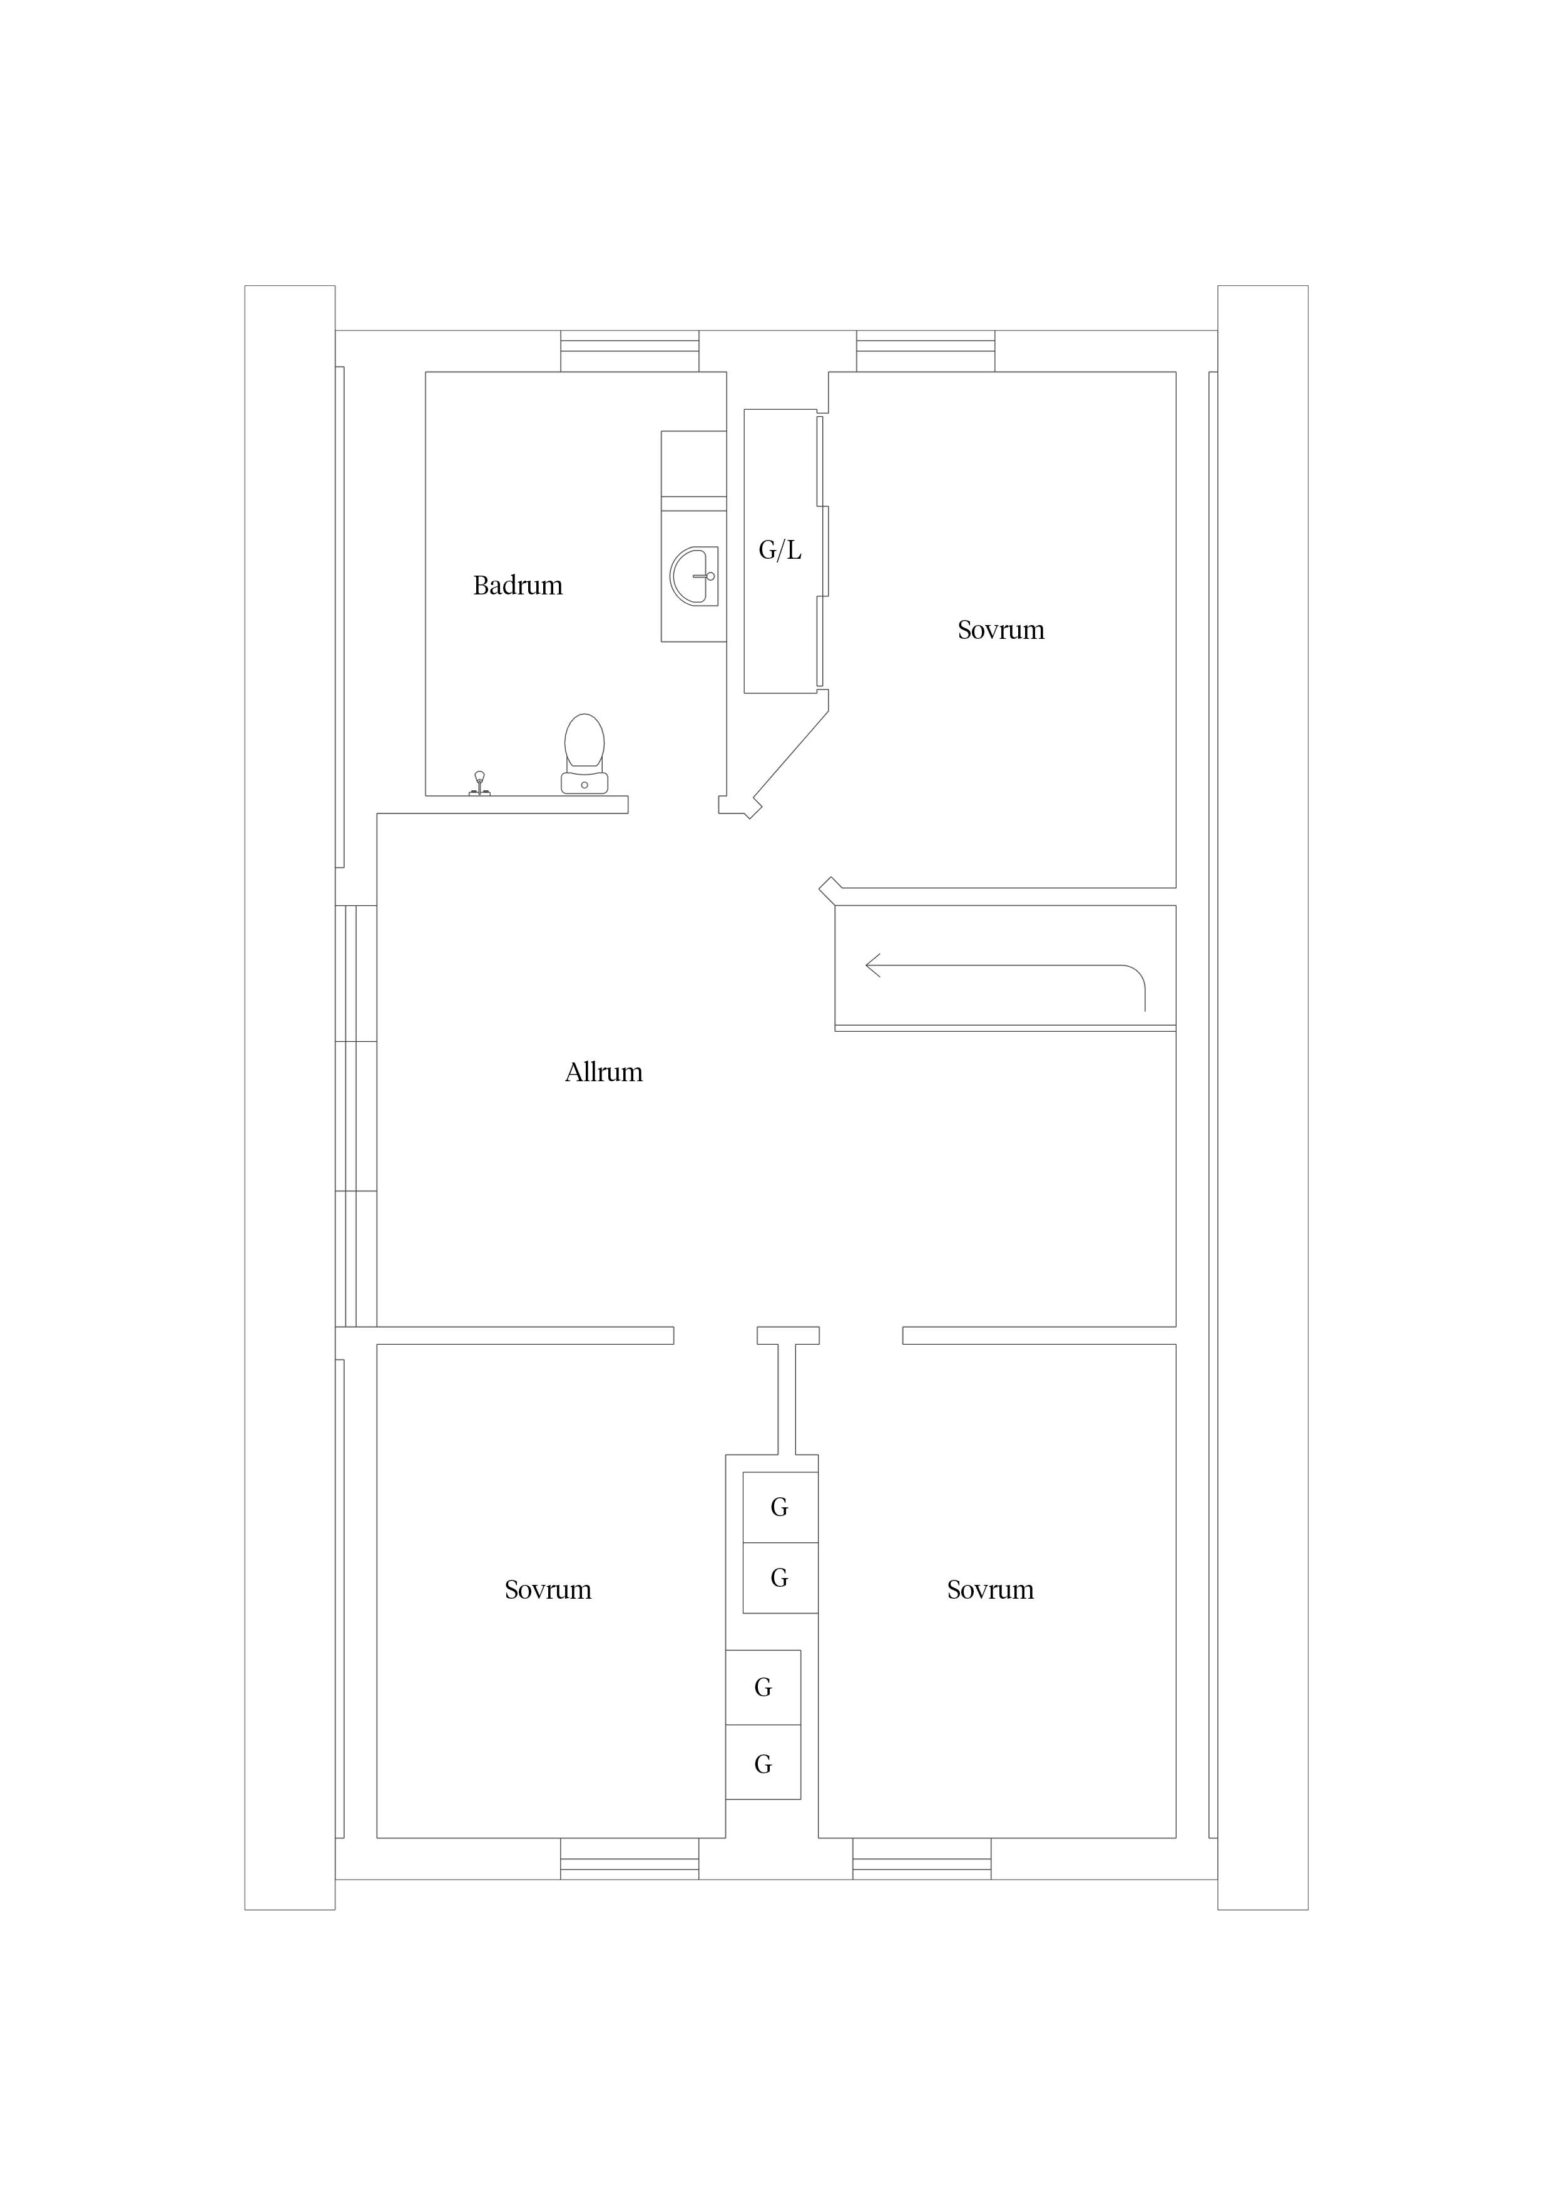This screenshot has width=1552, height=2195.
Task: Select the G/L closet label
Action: tap(780, 550)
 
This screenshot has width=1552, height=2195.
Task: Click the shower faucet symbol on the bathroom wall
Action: tap(479, 784)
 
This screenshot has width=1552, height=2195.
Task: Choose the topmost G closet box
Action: tap(780, 1507)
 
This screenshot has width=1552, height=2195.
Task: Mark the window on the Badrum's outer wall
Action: tap(629, 351)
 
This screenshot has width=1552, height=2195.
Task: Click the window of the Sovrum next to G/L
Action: tap(926, 351)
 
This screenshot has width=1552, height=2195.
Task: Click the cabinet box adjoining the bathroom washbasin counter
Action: tap(693, 464)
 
